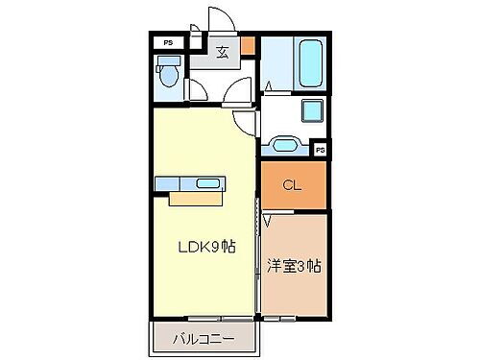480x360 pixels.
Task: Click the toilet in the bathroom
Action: pos(169,72)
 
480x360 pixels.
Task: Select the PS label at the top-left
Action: pos(168,43)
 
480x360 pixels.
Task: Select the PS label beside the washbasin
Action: pos(320,149)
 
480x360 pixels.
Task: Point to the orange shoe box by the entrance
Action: pos(247,44)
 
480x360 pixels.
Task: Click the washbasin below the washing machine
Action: pos(286,146)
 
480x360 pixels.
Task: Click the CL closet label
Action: pos(292,186)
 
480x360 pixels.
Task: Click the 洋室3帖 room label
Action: pos(295,266)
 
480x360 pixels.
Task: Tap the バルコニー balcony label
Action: pos(204,338)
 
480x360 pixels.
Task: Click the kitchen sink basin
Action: pos(207,183)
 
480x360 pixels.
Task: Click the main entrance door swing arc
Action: pos(218,19)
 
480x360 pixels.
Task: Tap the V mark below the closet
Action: pos(268,222)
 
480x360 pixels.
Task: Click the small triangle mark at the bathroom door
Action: pos(269,87)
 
